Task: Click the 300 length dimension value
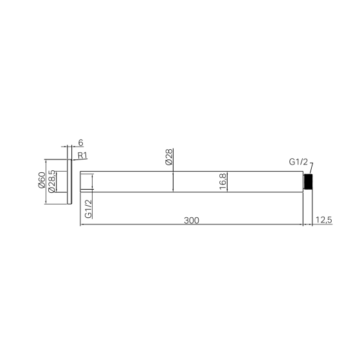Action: click(192, 221)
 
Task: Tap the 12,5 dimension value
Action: click(324, 220)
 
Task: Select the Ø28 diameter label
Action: click(168, 157)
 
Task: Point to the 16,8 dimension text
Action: click(222, 181)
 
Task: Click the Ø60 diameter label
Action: click(42, 180)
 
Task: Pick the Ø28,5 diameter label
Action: click(51, 181)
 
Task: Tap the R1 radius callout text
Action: click(82, 156)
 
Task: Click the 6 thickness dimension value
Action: click(80, 143)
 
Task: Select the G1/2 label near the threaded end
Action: click(298, 162)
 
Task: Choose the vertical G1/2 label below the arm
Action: click(89, 209)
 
